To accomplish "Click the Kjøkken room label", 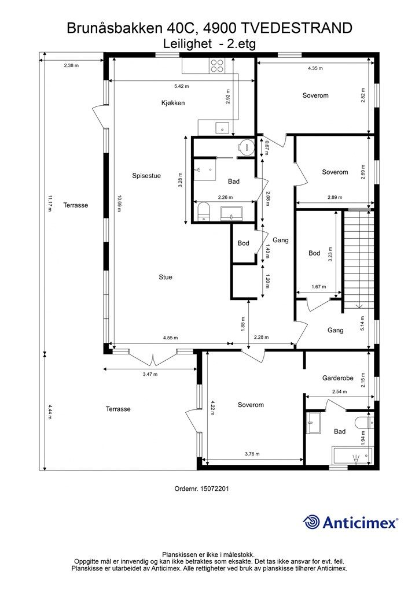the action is (173, 103).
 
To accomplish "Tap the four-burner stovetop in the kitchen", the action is (217, 66).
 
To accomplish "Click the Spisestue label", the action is (146, 176).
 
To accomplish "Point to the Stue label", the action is (166, 277).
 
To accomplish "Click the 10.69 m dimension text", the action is (119, 203).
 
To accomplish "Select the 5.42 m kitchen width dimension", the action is (181, 86).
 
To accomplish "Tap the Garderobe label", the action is (338, 378).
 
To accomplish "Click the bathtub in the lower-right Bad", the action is (352, 457).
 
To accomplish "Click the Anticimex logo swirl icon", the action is (311, 523).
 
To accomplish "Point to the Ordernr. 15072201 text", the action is (202, 489).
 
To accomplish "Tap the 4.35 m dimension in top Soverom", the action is (315, 68).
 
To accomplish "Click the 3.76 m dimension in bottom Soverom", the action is (252, 454).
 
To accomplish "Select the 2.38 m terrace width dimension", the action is (71, 65).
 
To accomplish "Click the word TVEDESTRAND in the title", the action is (296, 28).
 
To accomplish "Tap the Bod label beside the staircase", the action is (314, 253).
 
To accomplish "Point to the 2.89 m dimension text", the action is (335, 197).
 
